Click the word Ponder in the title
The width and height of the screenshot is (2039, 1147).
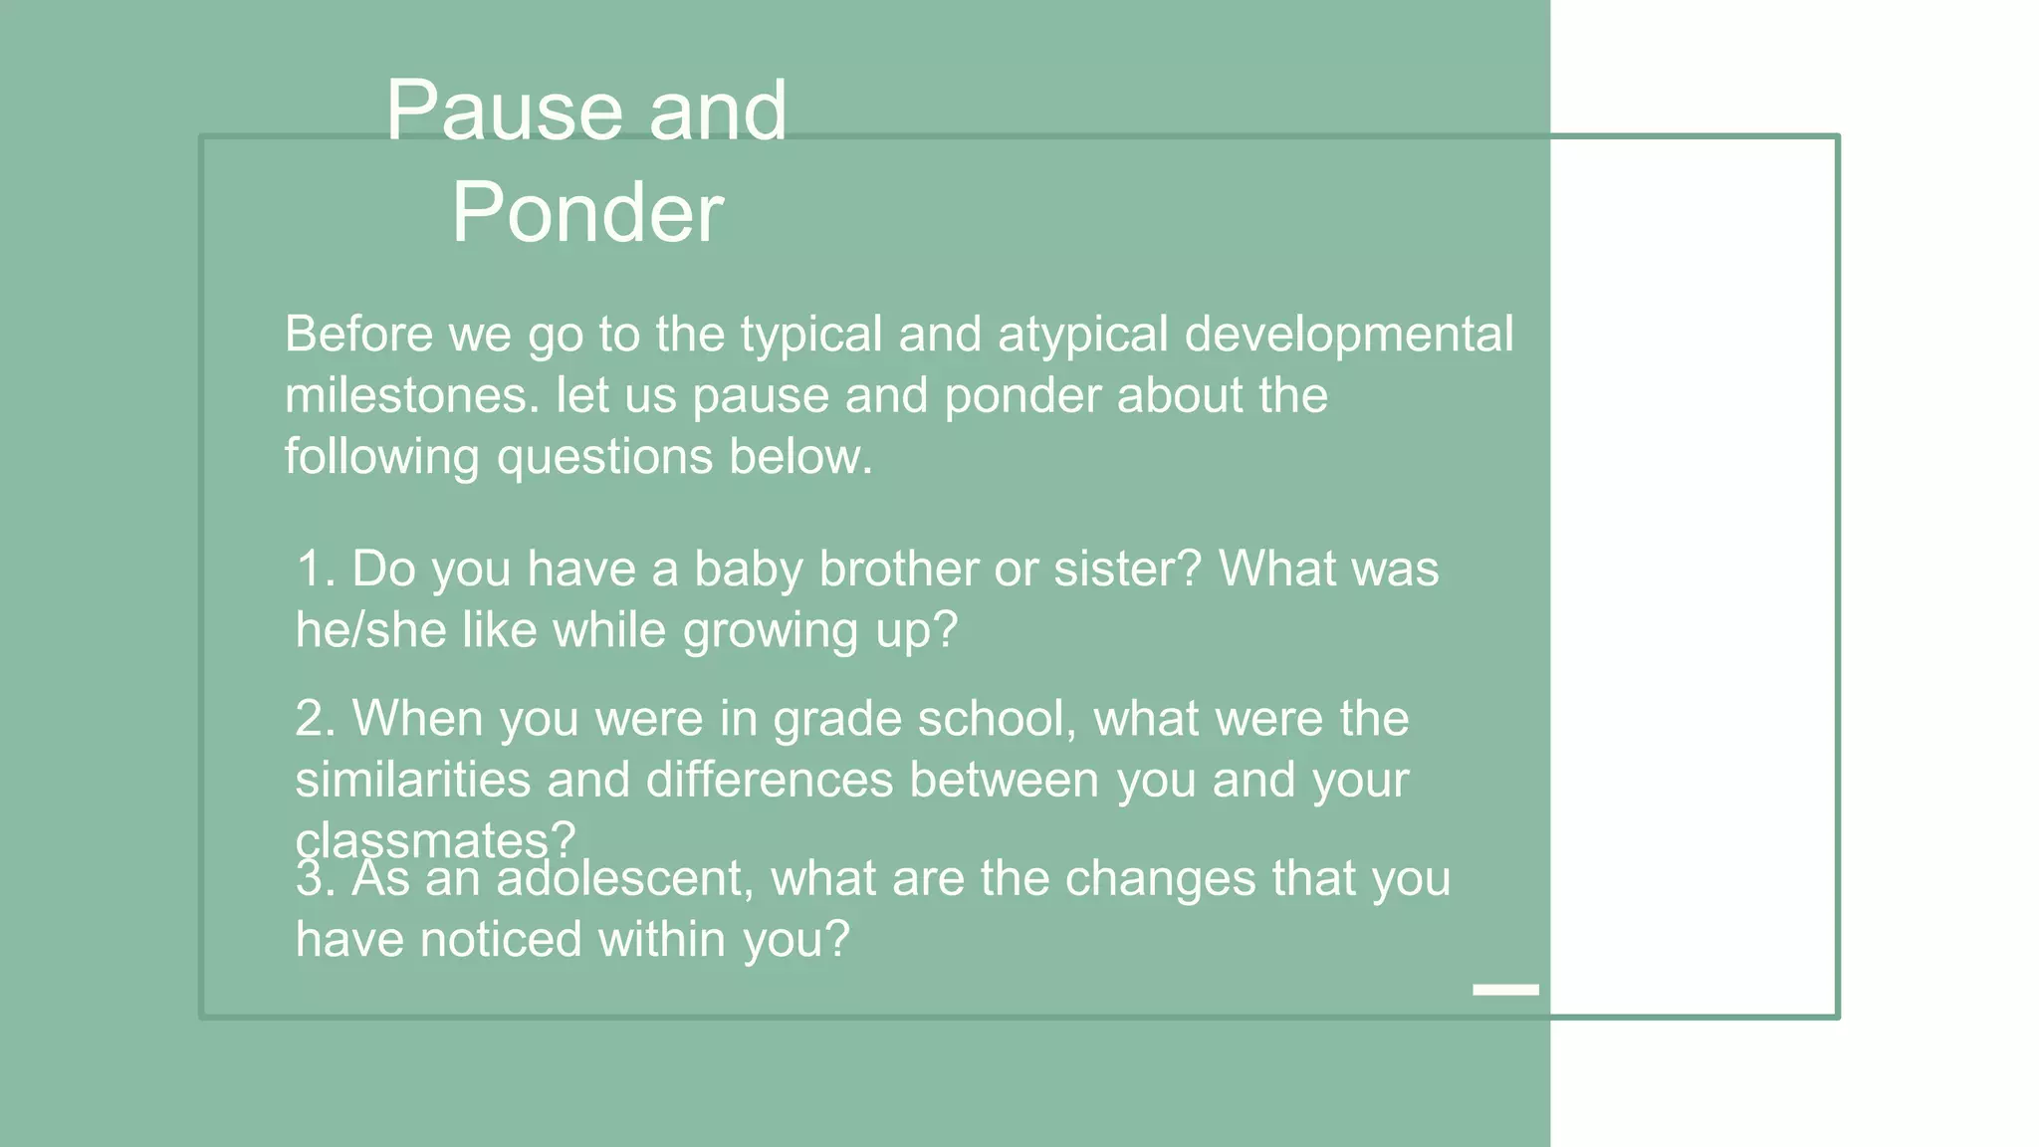point(587,213)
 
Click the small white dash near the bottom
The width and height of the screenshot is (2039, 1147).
point(1505,989)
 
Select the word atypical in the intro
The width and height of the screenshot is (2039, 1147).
point(1082,335)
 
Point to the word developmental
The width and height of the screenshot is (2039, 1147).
point(1348,335)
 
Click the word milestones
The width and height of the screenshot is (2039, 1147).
point(412,396)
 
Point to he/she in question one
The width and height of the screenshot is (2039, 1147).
point(370,631)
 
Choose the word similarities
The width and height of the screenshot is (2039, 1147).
point(412,780)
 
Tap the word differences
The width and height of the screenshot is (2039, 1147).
point(770,780)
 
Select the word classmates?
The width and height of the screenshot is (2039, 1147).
point(435,841)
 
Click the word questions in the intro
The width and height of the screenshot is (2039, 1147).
point(604,458)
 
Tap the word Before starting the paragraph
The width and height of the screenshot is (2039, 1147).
point(358,335)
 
